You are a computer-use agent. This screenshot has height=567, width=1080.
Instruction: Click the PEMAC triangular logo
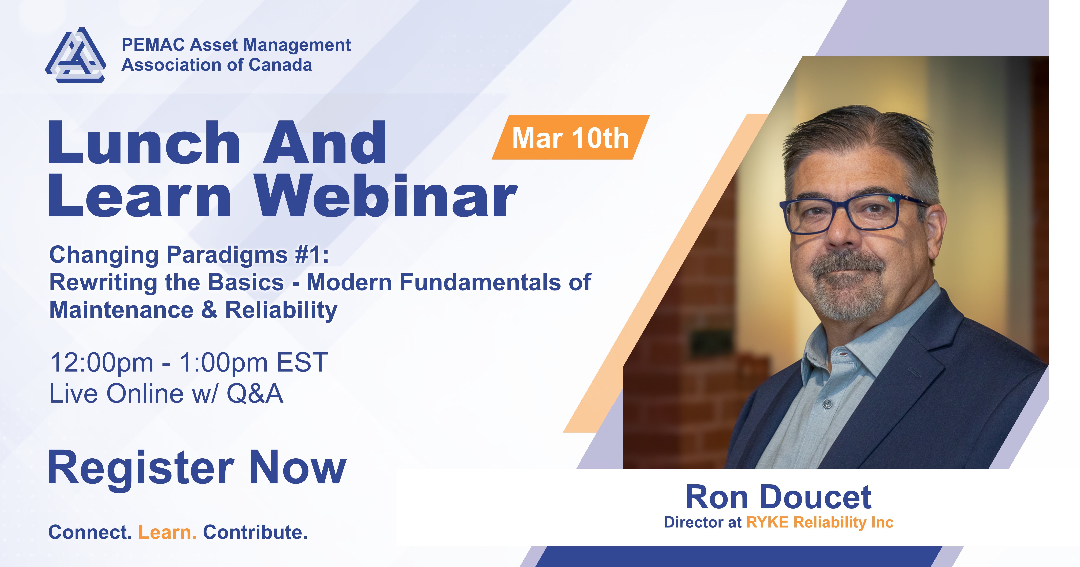click(x=76, y=55)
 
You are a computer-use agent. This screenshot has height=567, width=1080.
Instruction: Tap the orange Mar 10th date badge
click(x=571, y=137)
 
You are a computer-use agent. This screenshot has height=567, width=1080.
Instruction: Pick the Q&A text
click(x=255, y=394)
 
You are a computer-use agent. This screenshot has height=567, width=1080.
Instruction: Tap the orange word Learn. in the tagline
click(x=167, y=532)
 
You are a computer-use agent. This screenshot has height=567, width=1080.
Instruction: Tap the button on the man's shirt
click(x=827, y=404)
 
